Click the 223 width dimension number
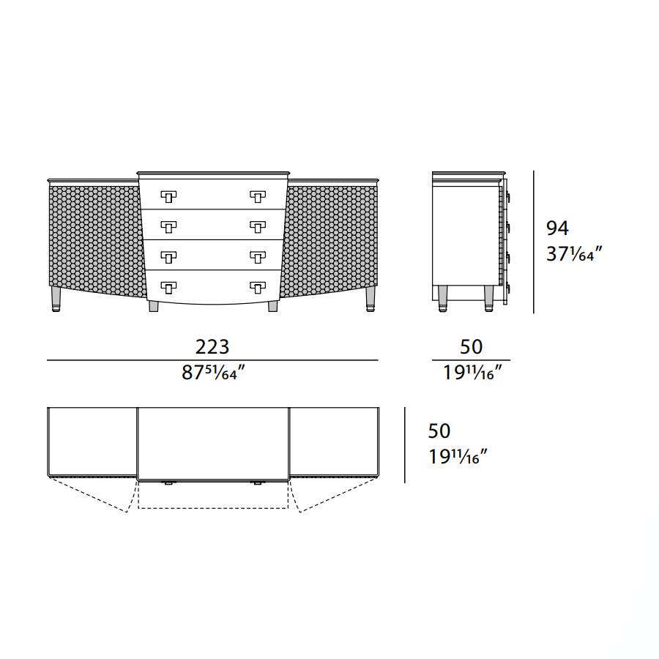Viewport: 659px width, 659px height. [x=212, y=347]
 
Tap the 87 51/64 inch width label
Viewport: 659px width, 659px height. [x=213, y=373]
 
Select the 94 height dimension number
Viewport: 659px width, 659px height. [x=557, y=228]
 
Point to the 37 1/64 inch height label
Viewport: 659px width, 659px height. [x=574, y=254]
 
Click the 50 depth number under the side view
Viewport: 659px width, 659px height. [x=471, y=347]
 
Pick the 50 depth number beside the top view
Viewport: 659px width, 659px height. [x=439, y=431]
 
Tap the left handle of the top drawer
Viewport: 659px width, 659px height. [x=168, y=196]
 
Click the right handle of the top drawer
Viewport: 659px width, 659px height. [x=258, y=196]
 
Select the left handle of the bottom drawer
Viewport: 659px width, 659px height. [x=168, y=288]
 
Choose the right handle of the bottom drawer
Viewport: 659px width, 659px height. [x=258, y=288]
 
